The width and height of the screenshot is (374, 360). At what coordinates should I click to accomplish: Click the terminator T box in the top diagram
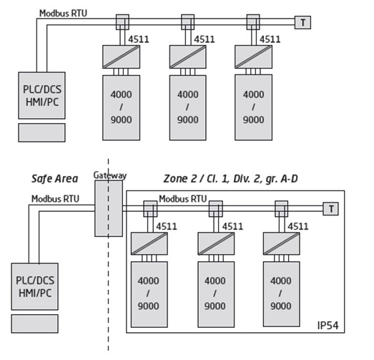[303, 22]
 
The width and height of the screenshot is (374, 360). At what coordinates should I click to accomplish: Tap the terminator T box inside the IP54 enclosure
[330, 208]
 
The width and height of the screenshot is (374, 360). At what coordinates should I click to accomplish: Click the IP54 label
[328, 326]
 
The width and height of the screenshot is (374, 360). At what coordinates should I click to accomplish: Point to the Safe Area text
[54, 178]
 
